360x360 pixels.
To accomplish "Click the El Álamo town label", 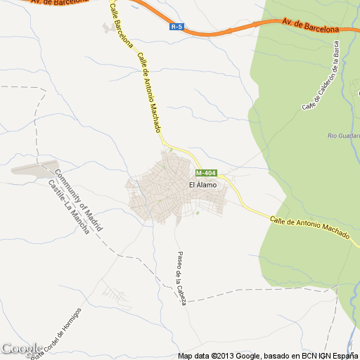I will [x=202, y=184].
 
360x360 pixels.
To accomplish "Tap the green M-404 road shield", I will [x=206, y=173].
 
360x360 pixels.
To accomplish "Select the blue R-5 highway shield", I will [x=176, y=27].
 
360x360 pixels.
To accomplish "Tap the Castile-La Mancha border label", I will [x=69, y=207].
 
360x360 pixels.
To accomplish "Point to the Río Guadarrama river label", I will [x=344, y=135].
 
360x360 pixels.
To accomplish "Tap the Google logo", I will [x=21, y=349].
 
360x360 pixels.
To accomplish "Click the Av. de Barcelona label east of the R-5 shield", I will [x=310, y=26].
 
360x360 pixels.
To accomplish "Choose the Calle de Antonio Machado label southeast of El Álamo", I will [x=309, y=229].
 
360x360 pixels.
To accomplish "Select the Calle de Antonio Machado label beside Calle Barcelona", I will [x=149, y=93].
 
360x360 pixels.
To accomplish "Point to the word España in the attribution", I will [x=345, y=356].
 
